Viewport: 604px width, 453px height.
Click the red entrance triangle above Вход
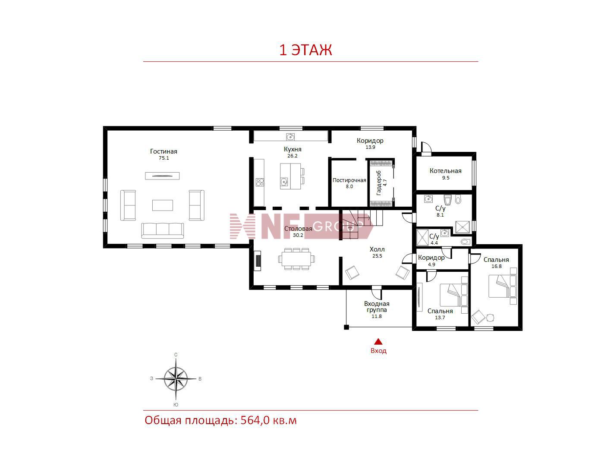point(378,341)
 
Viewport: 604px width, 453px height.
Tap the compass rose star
point(176,379)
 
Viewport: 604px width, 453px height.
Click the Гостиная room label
point(164,151)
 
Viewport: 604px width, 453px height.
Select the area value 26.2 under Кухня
point(292,156)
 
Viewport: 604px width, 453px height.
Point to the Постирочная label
point(349,180)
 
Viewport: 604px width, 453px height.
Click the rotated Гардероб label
point(379,182)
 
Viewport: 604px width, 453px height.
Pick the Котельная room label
point(445,171)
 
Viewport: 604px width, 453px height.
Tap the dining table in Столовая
point(296,259)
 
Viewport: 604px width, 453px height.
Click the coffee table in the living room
point(162,205)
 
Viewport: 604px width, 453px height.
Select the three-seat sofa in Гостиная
point(162,230)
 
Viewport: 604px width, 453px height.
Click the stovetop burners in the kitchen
point(260,182)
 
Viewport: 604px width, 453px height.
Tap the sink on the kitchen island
point(284,182)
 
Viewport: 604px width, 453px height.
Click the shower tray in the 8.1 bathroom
point(462,227)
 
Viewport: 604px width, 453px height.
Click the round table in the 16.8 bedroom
point(490,318)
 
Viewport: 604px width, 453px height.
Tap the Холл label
point(377,249)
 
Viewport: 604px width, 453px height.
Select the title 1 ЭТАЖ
point(305,50)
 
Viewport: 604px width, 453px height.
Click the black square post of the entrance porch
point(346,327)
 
